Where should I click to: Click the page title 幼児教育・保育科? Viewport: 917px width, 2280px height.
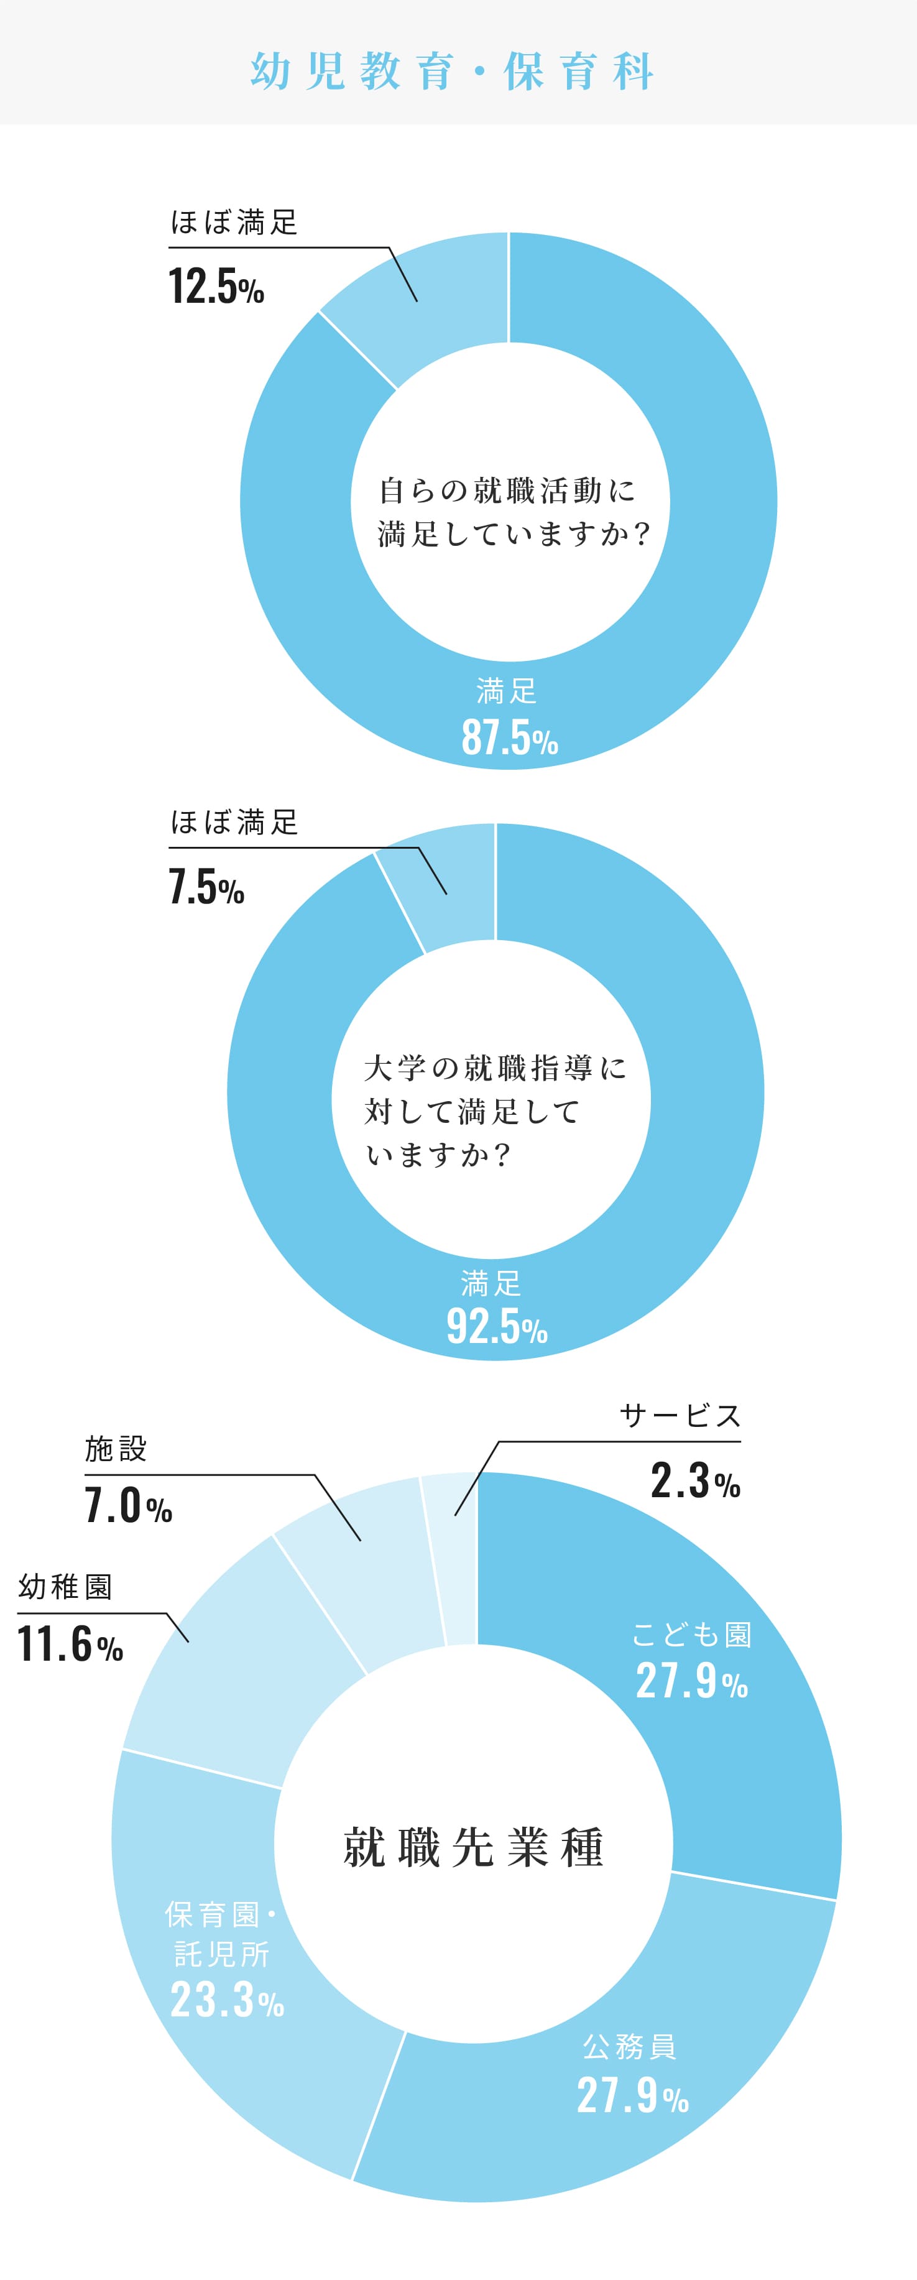pyautogui.click(x=453, y=71)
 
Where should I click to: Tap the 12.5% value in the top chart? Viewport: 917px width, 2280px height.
pyautogui.click(x=216, y=287)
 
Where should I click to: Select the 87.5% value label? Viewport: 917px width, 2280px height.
pyautogui.click(x=509, y=737)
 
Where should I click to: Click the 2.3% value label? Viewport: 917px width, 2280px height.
pyautogui.click(x=695, y=1481)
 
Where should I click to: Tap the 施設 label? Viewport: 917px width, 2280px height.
pyautogui.click(x=116, y=1449)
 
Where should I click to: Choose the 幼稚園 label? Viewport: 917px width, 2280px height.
pyautogui.click(x=65, y=1587)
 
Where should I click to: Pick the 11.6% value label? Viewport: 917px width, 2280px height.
pyautogui.click(x=70, y=1645)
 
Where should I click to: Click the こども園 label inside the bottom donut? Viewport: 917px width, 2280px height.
pyautogui.click(x=691, y=1634)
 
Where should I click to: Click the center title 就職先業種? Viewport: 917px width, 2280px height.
pyautogui.click(x=474, y=1847)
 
